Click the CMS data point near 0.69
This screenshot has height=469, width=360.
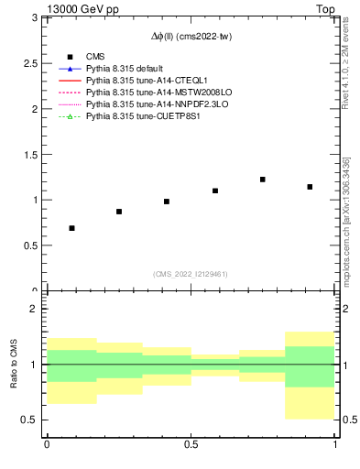click(x=71, y=228)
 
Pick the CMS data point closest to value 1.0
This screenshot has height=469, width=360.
click(x=167, y=202)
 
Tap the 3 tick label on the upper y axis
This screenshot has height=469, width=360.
click(x=34, y=17)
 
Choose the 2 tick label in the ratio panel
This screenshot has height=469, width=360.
click(x=34, y=310)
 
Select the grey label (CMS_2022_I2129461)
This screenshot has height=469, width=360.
click(x=191, y=274)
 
